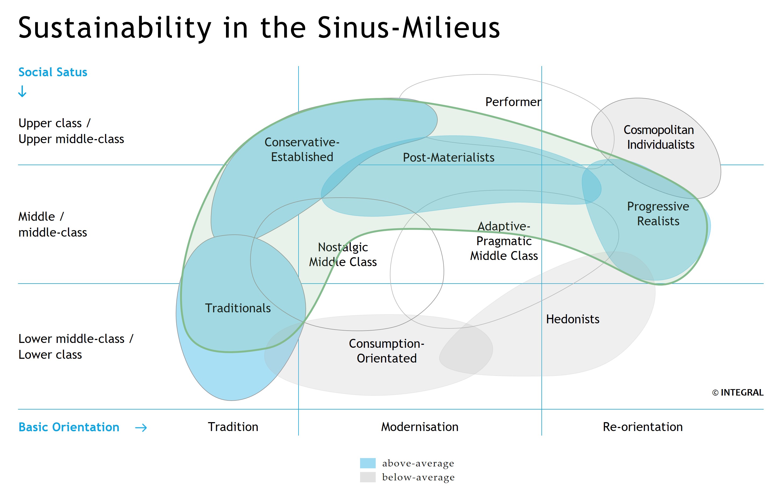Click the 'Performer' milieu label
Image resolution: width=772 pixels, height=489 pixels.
pos(513,102)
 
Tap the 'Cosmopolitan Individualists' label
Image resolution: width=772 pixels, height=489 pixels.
pos(659,137)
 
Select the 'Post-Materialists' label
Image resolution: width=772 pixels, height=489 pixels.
pos(448,157)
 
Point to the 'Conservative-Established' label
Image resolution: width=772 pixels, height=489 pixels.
pos(302,149)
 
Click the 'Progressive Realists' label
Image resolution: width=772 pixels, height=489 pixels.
pos(658,214)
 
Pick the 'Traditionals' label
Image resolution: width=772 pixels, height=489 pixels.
pos(238,308)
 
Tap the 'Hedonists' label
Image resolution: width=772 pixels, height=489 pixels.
pos(573,319)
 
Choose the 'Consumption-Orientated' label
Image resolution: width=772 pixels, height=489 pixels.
pos(387,351)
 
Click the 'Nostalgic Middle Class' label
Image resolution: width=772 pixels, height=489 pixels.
pos(343,254)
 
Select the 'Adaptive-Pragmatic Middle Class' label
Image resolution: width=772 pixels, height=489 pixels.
pos(504,241)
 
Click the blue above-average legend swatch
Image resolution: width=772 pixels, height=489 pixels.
pos(368,463)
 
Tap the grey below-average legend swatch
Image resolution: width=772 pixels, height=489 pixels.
pos(368,477)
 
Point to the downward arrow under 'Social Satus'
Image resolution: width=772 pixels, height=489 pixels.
pos(22,91)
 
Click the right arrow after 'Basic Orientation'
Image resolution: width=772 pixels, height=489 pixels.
pos(141,428)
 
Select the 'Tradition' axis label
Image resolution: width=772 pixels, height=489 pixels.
pos(233,427)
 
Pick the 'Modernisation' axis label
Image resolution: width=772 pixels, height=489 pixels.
pos(420,427)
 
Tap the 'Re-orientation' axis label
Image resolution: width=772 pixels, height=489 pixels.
pos(643,427)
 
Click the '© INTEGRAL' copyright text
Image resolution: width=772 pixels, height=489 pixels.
pos(738,393)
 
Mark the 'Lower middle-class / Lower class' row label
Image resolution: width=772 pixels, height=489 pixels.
pos(76,347)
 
